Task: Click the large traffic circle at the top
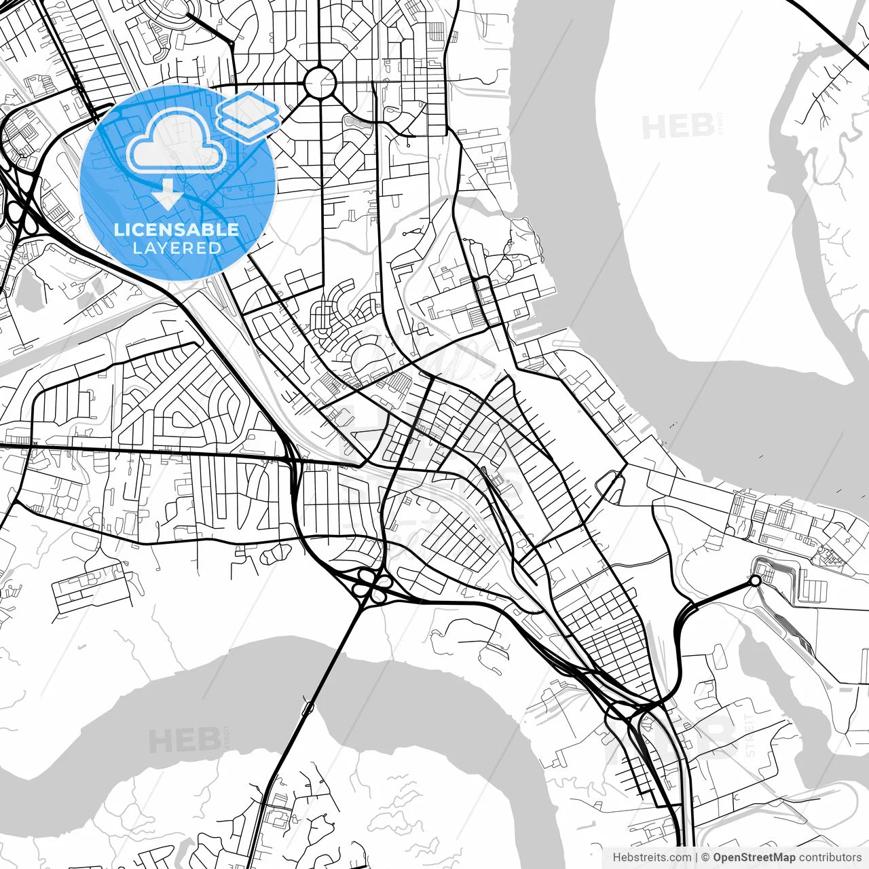[320, 84]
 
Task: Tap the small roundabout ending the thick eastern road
[755, 580]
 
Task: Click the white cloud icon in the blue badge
[177, 141]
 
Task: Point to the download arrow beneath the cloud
[167, 195]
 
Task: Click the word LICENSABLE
[177, 229]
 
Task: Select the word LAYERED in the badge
[177, 248]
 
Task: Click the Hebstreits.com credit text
[652, 857]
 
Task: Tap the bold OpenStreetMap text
[754, 857]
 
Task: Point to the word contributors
[830, 857]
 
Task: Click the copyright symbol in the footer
[706, 857]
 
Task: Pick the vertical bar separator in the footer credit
[697, 857]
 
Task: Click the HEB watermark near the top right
[678, 126]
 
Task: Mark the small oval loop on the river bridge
[308, 709]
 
